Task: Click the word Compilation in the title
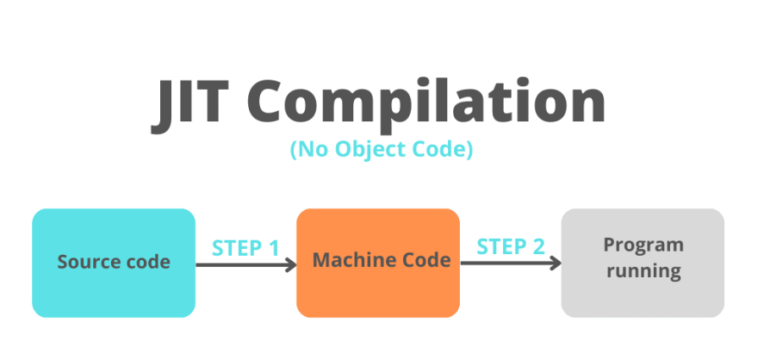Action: point(426,105)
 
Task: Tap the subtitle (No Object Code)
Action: point(382,149)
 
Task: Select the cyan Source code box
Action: point(114,263)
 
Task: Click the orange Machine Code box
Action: point(378,263)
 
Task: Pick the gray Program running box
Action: point(643,263)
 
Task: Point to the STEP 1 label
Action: point(245,248)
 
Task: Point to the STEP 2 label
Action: point(511,247)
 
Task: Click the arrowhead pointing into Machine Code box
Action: point(291,264)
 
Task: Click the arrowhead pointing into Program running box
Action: point(556,264)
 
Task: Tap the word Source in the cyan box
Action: point(84,262)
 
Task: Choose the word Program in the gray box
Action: point(643,245)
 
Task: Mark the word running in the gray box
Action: point(644,271)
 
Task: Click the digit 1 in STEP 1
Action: point(273,248)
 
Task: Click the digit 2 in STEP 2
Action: point(538,247)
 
